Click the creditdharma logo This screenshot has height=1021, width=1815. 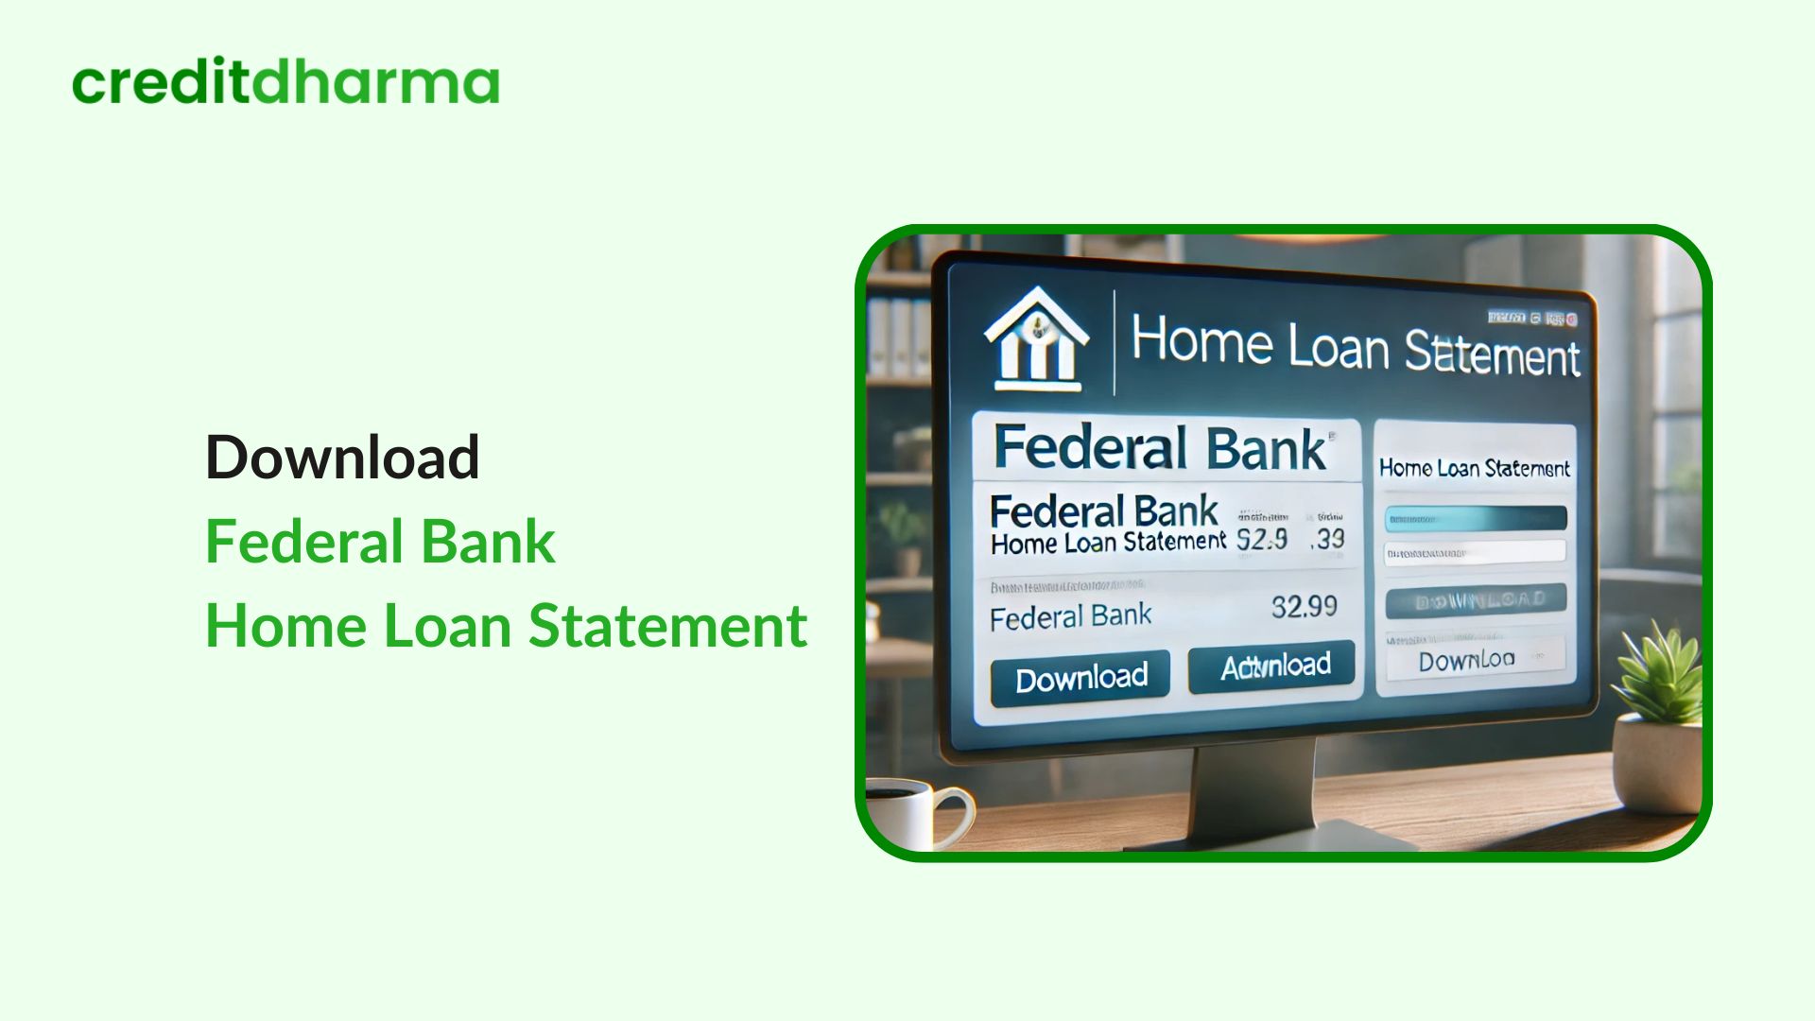click(285, 82)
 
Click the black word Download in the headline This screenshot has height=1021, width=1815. click(342, 458)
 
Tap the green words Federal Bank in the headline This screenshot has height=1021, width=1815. click(380, 542)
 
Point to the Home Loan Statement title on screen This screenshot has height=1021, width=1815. click(1355, 346)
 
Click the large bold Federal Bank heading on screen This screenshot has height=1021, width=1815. click(1160, 448)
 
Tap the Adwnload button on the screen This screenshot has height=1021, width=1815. click(1275, 667)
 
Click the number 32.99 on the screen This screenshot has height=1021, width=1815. click(1304, 606)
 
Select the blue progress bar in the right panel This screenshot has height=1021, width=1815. click(1475, 518)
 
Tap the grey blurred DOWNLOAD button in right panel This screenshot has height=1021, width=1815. click(1475, 600)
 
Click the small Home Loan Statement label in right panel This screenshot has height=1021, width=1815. click(1474, 468)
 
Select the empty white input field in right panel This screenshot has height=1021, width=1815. click(1475, 552)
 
